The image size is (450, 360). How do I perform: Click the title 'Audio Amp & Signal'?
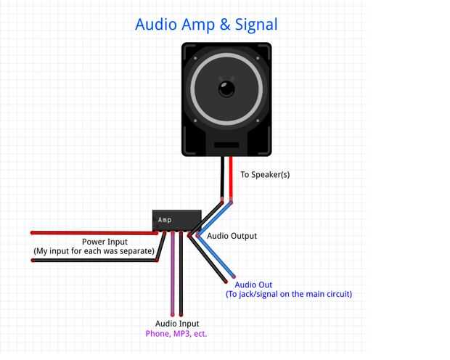[206, 24]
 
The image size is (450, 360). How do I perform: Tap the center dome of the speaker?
[226, 90]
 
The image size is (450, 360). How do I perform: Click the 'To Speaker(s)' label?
[265, 174]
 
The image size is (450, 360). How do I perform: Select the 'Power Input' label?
[105, 242]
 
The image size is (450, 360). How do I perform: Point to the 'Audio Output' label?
[232, 236]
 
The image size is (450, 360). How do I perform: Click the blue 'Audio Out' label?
[253, 285]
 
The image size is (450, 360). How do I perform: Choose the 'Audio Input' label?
[177, 324]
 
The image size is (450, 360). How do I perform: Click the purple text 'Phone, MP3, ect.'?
[177, 334]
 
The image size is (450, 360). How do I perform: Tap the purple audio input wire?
[172, 276]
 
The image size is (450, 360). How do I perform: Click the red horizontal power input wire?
[87, 233]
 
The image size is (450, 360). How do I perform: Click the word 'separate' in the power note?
[135, 251]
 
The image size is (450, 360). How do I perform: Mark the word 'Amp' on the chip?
[165, 219]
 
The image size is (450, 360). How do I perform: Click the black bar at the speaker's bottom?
[226, 145]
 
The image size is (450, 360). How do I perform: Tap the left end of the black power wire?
[34, 260]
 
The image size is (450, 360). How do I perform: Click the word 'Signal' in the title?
[253, 24]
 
